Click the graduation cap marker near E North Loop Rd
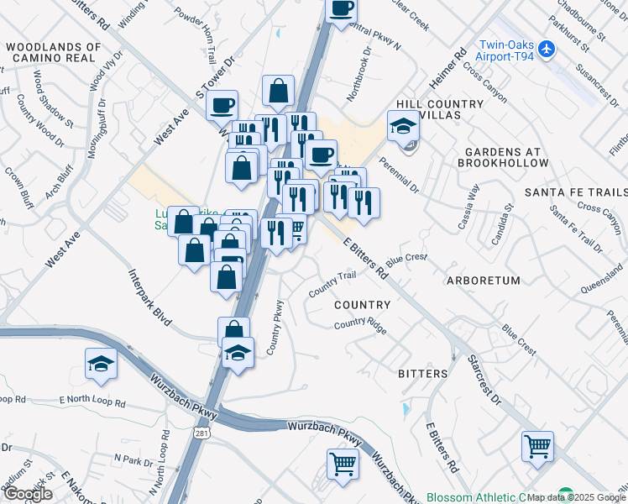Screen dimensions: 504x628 click(102, 364)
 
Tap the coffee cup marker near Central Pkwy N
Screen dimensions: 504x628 click(342, 9)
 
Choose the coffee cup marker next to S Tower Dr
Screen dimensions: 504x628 click(222, 106)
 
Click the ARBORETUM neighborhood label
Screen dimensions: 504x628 click(484, 280)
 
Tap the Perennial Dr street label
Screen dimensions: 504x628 click(397, 174)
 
